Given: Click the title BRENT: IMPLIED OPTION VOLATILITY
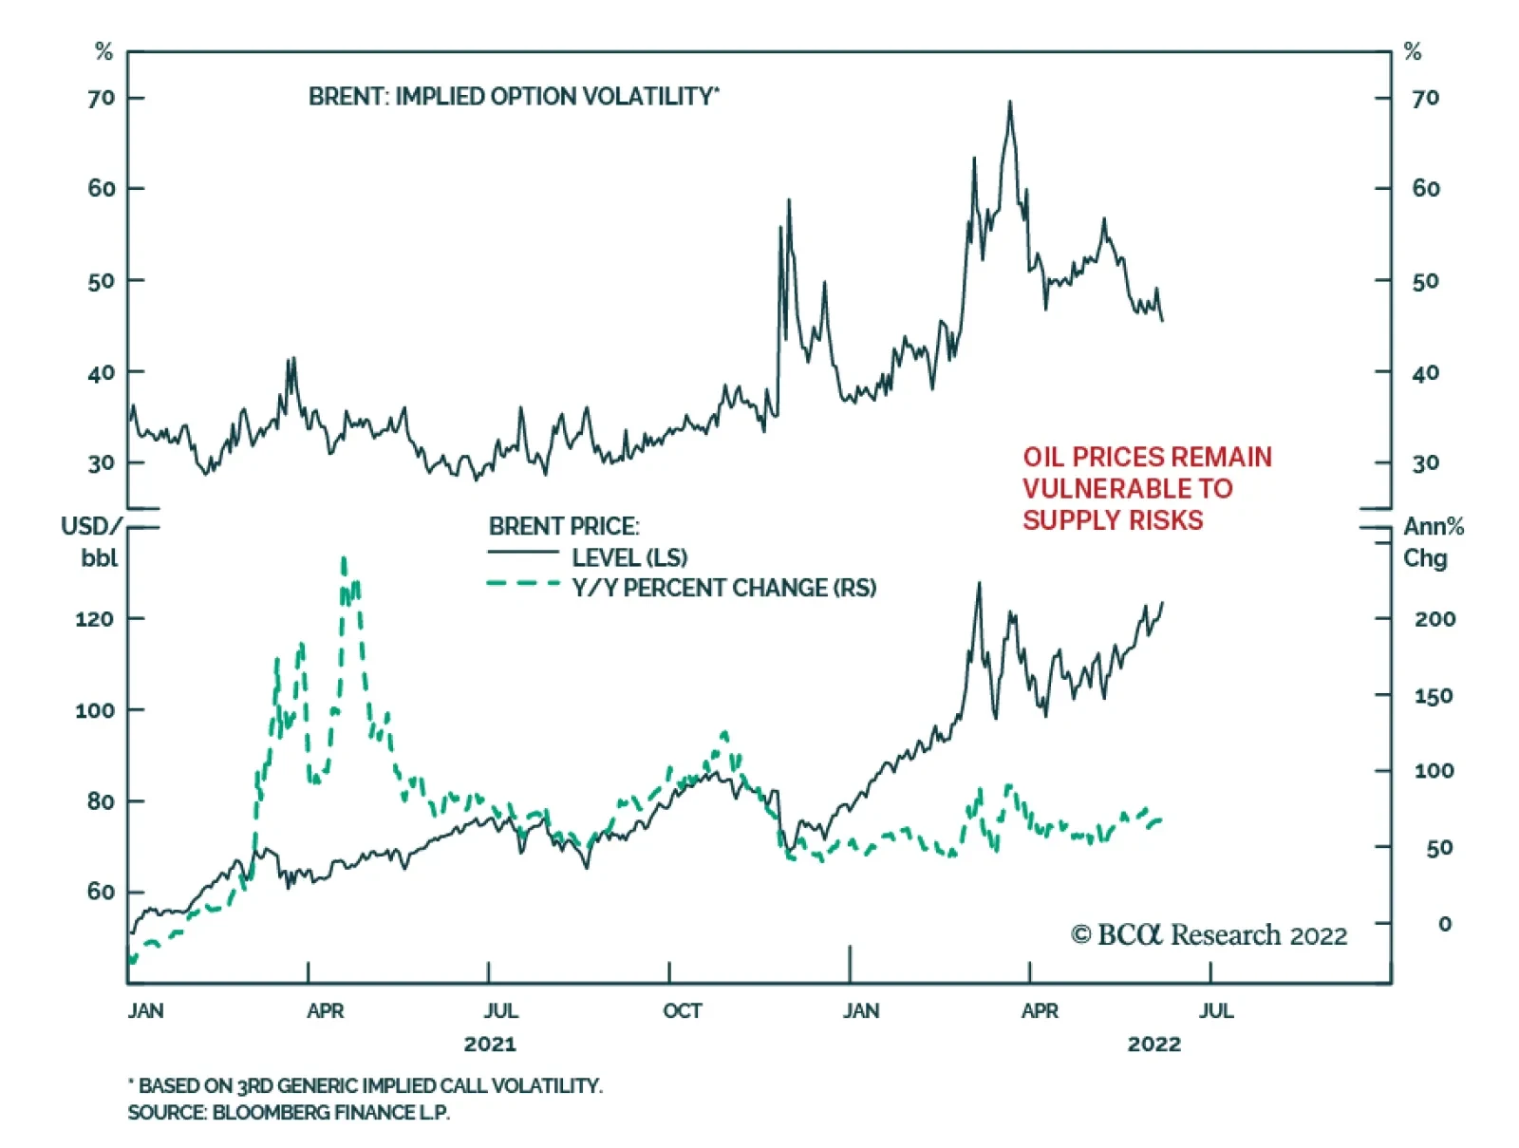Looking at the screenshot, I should [513, 97].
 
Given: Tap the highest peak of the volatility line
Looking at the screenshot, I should [1009, 103].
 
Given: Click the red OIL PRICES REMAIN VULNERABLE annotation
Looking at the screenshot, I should [1146, 488].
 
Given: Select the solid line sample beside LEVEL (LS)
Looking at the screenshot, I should [523, 553].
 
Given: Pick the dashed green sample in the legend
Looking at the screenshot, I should [523, 584].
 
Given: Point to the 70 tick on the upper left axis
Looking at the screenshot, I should [101, 98].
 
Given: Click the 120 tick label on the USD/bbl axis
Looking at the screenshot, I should [94, 619].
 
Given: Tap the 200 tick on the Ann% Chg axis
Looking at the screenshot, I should [1434, 619].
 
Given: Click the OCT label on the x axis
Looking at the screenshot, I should [682, 1010].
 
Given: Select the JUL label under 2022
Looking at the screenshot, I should [1215, 1010].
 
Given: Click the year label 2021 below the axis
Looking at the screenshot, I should [490, 1044].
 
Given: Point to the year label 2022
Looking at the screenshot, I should [1153, 1044].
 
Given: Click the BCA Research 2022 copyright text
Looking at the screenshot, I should [1209, 935].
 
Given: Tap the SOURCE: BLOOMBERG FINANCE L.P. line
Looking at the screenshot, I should [289, 1112].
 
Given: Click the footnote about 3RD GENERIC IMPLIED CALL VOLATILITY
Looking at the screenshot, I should [366, 1085].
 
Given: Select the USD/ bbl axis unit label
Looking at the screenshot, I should [93, 541].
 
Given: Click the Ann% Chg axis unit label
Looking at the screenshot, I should [1433, 541].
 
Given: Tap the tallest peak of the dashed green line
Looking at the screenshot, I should [344, 560].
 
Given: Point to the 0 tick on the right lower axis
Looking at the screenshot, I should [1444, 924].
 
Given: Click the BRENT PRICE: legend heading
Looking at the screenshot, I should [564, 526].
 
